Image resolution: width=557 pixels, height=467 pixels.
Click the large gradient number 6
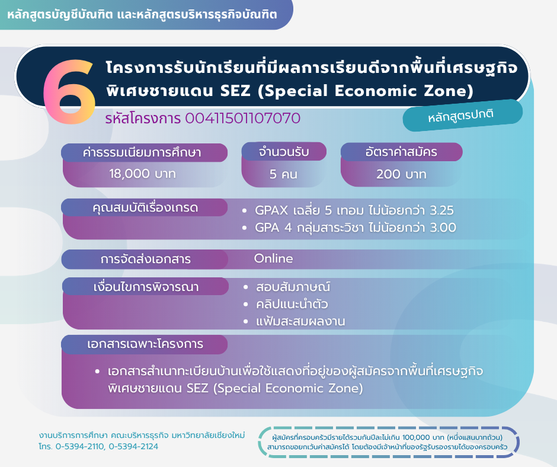(x=70, y=92)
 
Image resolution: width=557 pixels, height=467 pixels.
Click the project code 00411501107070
(x=242, y=119)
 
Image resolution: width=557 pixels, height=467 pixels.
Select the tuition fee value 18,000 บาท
(x=142, y=174)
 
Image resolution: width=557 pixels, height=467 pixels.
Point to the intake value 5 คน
(x=283, y=174)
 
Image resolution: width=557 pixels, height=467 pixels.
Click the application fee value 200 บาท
(x=401, y=174)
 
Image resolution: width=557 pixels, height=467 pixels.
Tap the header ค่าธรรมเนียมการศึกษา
(x=142, y=152)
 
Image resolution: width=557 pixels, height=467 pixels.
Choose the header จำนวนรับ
(x=284, y=152)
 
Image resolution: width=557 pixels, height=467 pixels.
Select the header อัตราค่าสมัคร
(x=401, y=152)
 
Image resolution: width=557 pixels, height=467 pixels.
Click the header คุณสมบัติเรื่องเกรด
(x=145, y=207)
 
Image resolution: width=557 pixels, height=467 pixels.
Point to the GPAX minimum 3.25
(x=441, y=210)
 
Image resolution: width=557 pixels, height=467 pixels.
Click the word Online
(x=274, y=258)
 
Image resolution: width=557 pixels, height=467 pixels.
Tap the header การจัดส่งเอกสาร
(x=145, y=259)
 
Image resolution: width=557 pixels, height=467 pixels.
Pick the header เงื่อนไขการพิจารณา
(x=146, y=287)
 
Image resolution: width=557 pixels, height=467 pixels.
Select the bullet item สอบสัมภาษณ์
(x=293, y=287)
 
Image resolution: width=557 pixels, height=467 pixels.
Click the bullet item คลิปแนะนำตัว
(x=292, y=304)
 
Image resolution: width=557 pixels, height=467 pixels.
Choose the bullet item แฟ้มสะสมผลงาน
(x=300, y=321)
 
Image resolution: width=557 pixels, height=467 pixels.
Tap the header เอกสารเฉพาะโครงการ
(x=145, y=344)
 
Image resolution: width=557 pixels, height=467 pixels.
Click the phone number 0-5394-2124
(x=133, y=446)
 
